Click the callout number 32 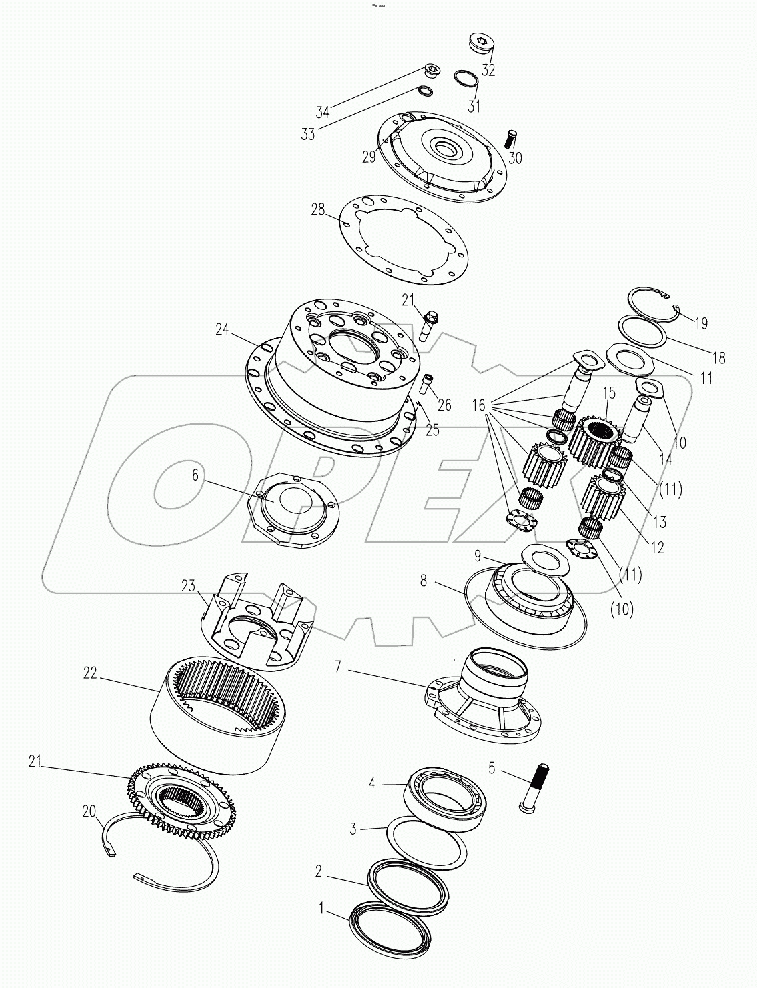click(488, 70)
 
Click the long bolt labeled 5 click(533, 787)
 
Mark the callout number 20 click(89, 811)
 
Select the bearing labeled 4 click(445, 798)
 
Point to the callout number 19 click(700, 323)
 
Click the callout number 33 click(307, 134)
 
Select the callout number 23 click(189, 585)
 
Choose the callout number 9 click(477, 554)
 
